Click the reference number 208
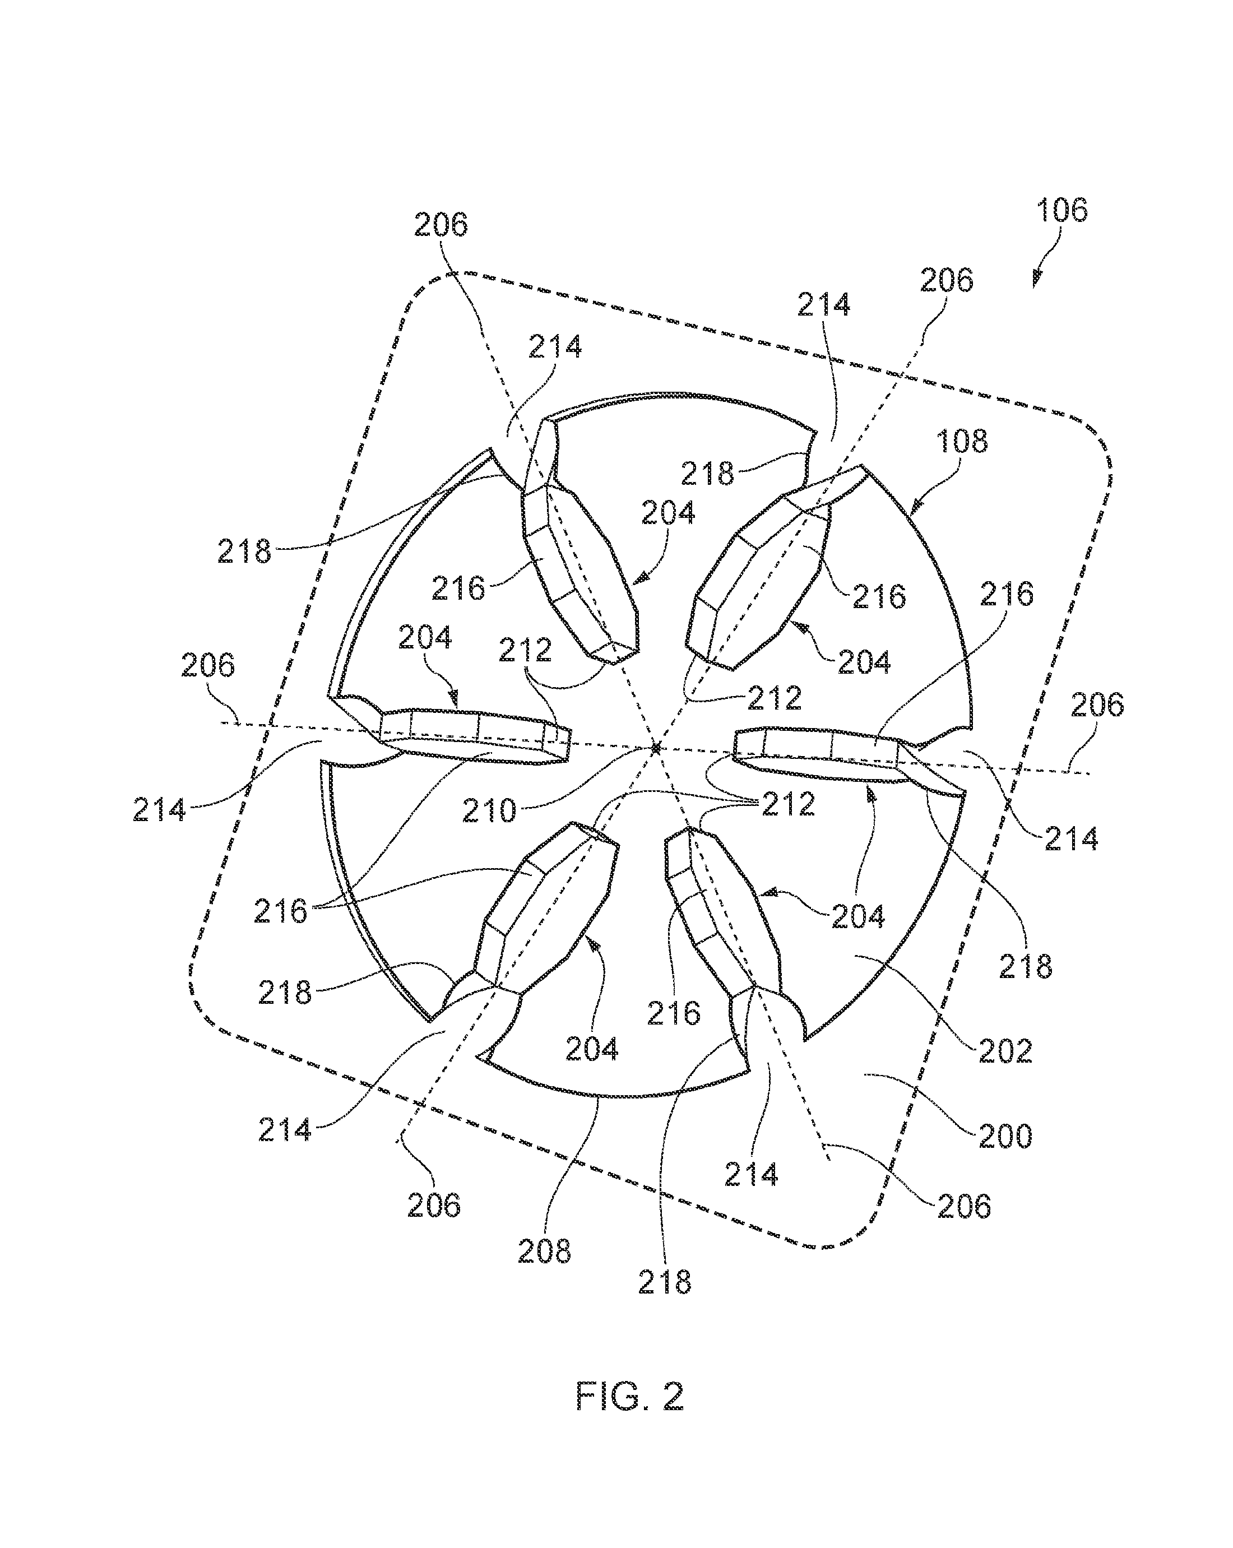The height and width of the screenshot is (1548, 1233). pos(544,1252)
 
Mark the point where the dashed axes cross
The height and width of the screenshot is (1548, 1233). pos(655,748)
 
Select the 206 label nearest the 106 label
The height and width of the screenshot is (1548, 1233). pos(945,280)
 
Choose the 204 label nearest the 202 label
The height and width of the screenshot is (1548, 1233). pos(858,917)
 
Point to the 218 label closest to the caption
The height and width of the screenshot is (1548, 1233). pos(665,1282)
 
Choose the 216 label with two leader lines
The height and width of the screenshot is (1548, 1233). pos(280,912)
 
